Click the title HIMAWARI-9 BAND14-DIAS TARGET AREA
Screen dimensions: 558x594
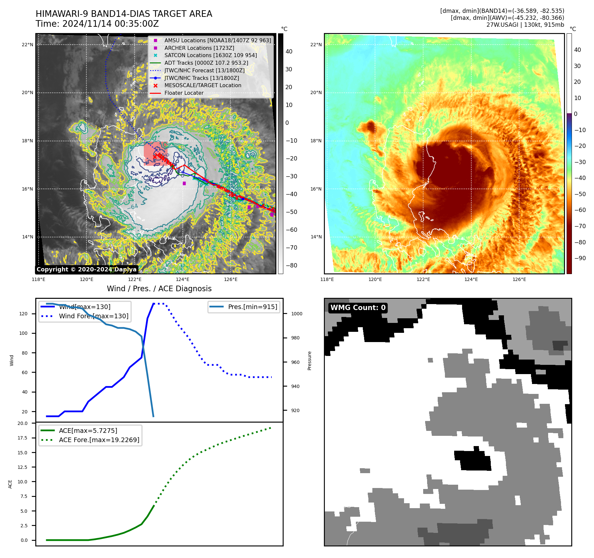(x=124, y=14)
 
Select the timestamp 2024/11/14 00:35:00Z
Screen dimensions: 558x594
(x=110, y=24)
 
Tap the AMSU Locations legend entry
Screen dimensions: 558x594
(x=217, y=40)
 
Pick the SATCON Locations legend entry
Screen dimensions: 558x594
(x=210, y=55)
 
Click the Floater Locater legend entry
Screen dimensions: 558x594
(x=184, y=93)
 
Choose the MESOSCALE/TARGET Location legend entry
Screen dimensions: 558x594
(x=203, y=86)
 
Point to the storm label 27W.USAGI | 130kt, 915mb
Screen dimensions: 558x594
(x=525, y=25)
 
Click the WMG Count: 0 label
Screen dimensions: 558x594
(x=358, y=308)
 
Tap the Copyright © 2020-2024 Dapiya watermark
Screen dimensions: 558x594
(x=86, y=269)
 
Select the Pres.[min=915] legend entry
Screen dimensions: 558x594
(x=252, y=307)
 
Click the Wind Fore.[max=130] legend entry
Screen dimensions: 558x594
(x=93, y=316)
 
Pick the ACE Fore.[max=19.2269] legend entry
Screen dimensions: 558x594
(x=99, y=440)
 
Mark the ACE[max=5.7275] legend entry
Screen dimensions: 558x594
(x=88, y=431)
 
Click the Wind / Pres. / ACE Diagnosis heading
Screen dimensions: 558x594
(x=159, y=289)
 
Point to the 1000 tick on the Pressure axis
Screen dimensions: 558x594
(x=297, y=314)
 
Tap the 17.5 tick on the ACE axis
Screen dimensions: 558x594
(x=22, y=438)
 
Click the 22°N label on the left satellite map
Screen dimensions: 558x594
(x=27, y=45)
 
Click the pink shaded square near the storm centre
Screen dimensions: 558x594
(x=155, y=153)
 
